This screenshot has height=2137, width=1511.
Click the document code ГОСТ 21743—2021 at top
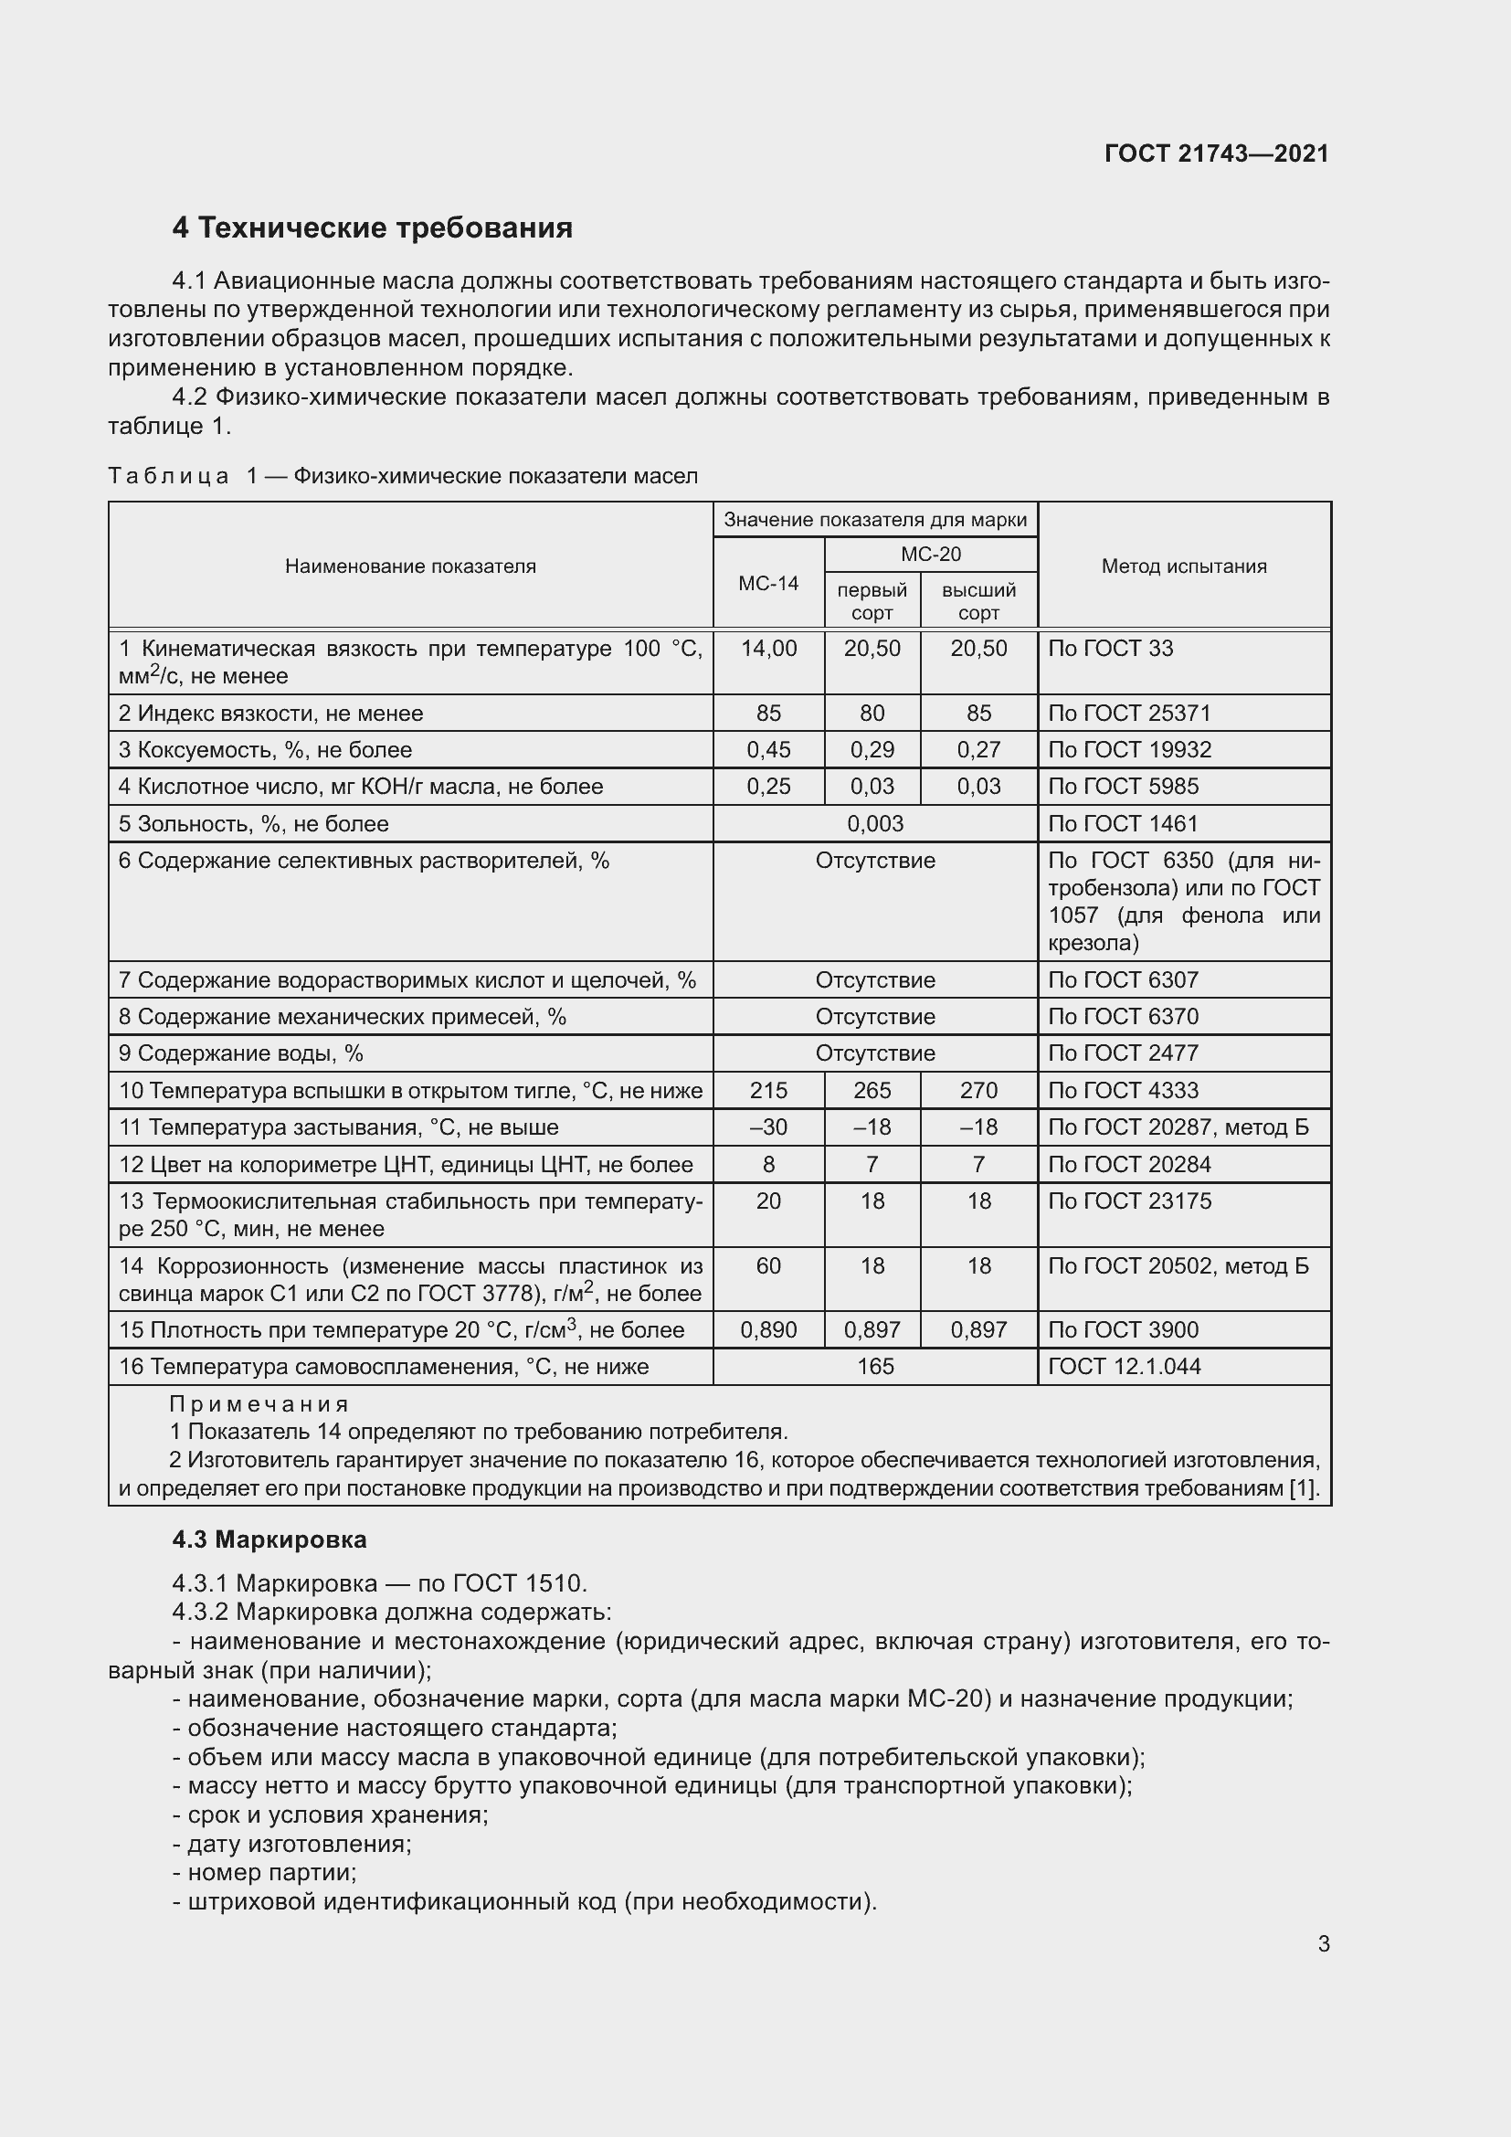tap(1216, 153)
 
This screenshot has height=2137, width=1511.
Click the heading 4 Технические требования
tap(372, 228)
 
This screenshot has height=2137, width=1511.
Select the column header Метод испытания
tap(1183, 566)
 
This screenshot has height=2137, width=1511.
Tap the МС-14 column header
tap(768, 584)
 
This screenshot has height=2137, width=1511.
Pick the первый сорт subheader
tap(872, 601)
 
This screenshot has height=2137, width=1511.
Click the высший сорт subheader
tap(978, 601)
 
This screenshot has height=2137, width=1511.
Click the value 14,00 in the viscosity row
tap(768, 649)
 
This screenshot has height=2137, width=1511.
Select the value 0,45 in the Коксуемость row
tap(768, 750)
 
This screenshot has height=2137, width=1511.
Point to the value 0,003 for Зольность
tap(874, 824)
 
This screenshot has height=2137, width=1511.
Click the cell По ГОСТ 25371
tap(1129, 714)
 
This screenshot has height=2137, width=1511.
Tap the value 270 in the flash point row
tap(978, 1091)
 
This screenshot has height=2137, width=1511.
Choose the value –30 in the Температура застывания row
tap(768, 1128)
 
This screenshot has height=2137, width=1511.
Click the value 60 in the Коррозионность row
tap(768, 1266)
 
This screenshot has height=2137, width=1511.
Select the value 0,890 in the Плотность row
tap(768, 1331)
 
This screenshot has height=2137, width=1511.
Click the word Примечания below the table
tap(259, 1404)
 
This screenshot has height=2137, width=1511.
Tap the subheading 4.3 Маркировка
tap(269, 1540)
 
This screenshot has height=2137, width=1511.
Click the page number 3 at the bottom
tap(1323, 1944)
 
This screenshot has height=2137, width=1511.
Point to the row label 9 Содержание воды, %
tap(241, 1053)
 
